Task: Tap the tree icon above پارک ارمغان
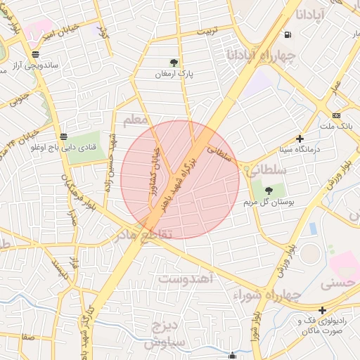174,63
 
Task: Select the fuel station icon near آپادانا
288,35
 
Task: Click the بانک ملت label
335,127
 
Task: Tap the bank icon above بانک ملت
336,115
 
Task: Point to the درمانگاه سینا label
300,149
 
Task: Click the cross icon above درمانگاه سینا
300,139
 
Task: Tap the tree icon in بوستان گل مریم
268,190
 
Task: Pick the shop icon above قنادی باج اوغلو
64,136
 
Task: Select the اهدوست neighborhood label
186,279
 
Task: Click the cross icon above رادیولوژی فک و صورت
322,310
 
